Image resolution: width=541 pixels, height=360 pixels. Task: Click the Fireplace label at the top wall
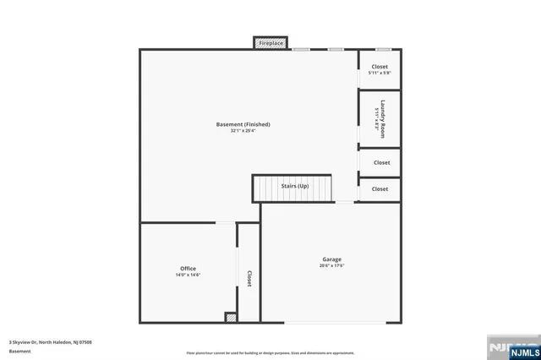271,42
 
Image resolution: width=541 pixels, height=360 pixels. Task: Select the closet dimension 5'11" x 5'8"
380,73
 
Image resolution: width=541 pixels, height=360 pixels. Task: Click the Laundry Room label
382,117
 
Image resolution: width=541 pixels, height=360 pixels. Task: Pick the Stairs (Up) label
295,185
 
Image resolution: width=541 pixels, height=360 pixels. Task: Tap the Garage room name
331,259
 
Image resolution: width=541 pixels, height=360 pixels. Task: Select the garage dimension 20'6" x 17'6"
331,265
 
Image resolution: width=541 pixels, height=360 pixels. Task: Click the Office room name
188,268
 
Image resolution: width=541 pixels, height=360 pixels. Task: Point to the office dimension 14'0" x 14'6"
188,275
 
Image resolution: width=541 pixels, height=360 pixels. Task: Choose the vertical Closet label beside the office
249,279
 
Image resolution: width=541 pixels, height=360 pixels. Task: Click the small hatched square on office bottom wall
230,317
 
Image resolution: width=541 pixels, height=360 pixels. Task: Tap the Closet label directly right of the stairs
380,189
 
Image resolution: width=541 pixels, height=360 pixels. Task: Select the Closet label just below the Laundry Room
381,162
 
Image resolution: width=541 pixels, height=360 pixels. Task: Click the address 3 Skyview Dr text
50,341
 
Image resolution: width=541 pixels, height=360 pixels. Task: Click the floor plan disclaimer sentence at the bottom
270,352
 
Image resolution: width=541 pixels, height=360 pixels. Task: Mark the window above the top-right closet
383,49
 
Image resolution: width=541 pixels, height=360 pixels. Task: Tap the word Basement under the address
19,350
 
